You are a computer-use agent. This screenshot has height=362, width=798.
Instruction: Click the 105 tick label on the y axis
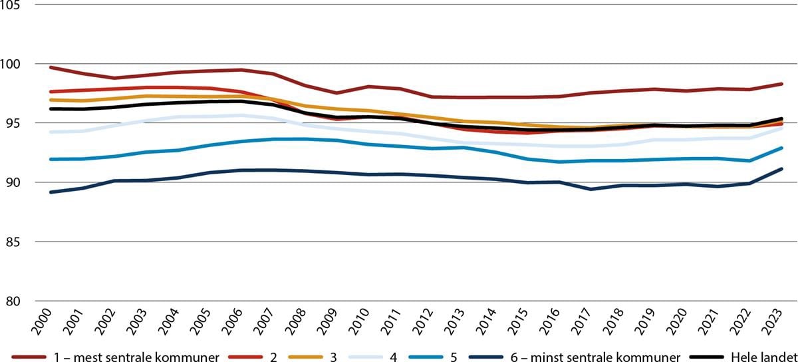[11, 5]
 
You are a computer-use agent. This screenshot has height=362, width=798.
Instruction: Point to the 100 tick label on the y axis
[11, 65]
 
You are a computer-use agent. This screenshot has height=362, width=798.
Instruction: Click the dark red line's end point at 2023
[781, 84]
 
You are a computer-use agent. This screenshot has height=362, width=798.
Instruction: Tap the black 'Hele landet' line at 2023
[781, 118]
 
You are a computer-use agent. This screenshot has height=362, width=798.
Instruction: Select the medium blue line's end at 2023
[781, 148]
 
